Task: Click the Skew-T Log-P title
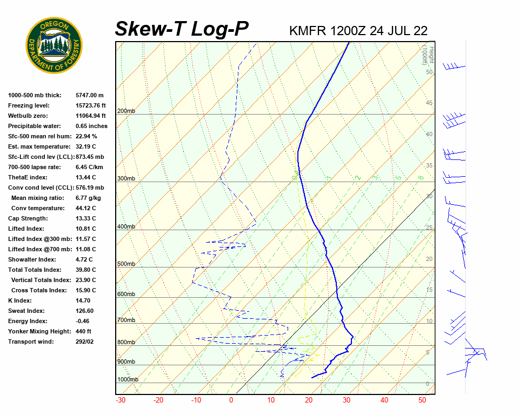(x=182, y=29)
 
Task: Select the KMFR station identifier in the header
(x=308, y=30)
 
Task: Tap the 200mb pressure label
(x=126, y=111)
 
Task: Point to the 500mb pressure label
(x=126, y=264)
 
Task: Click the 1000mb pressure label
(x=128, y=380)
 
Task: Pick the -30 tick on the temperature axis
(x=121, y=400)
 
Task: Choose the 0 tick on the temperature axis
(x=231, y=400)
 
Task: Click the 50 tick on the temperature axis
(x=422, y=400)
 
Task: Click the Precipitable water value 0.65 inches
(x=91, y=126)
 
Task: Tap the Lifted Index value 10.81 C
(x=85, y=229)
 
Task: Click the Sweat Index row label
(x=26, y=311)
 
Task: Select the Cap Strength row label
(x=28, y=218)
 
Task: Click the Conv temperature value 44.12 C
(x=85, y=208)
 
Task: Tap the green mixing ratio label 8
(x=421, y=177)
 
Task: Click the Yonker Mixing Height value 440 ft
(x=83, y=331)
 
